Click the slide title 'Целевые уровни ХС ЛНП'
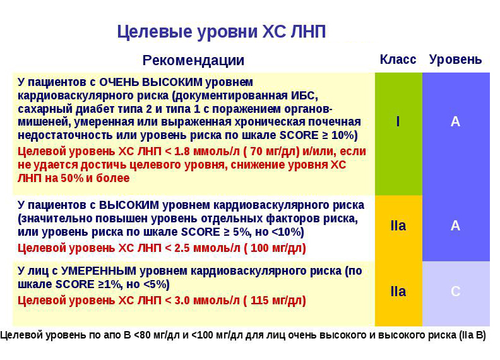click(221, 32)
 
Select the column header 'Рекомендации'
click(193, 60)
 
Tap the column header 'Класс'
click(398, 60)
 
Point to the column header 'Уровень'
click(455, 60)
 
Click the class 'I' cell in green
click(398, 122)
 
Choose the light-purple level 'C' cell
click(455, 291)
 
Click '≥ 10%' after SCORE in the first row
click(338, 135)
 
